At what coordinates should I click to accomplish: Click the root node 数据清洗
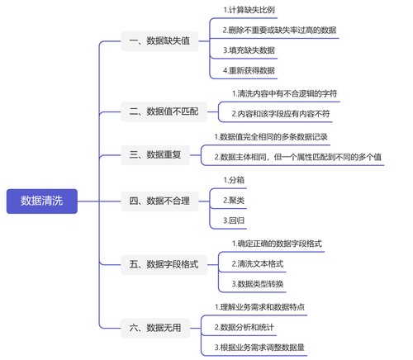coord(42,201)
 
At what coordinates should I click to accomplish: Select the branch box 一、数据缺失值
coord(159,41)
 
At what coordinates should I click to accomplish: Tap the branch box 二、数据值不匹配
coord(164,111)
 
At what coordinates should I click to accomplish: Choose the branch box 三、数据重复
coord(155,155)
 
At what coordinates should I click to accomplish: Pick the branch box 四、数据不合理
coord(159,201)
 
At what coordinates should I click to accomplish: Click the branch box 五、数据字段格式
coord(164,265)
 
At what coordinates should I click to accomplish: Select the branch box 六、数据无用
coord(155,328)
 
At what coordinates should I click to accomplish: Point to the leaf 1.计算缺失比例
coord(249,10)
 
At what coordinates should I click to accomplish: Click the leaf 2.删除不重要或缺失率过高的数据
coord(279,31)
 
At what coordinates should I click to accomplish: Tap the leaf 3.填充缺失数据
coord(249,50)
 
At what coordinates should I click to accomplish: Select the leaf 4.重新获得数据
coord(249,71)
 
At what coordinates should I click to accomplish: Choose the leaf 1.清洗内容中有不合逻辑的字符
coord(284,94)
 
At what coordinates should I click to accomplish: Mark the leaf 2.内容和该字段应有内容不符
coord(281,114)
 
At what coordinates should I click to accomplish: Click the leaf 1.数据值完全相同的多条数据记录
coord(271,137)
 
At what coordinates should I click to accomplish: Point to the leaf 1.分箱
coord(234,180)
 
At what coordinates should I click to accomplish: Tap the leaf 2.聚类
coord(234,201)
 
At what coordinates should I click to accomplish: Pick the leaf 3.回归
coord(234,220)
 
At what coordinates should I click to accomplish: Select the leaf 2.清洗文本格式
coord(258,264)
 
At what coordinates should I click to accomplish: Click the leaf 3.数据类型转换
coord(258,284)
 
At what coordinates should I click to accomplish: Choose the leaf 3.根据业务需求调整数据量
coord(259,348)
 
